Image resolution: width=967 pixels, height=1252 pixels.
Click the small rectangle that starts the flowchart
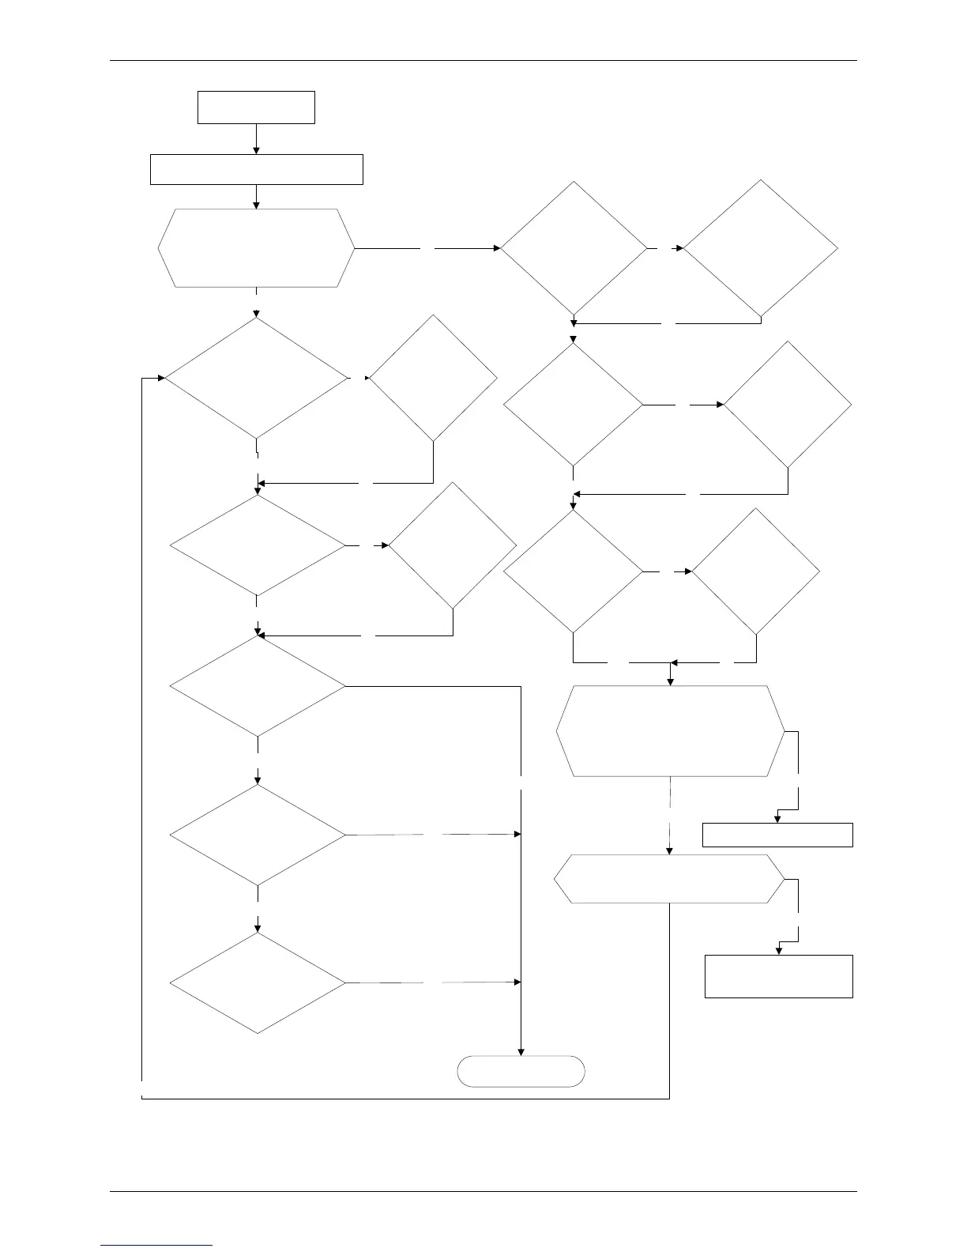pos(256,107)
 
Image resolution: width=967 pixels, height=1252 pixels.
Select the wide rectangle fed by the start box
pos(256,169)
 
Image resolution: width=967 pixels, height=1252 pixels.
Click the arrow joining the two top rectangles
pos(256,139)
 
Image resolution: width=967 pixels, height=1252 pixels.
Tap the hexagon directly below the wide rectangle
pos(256,248)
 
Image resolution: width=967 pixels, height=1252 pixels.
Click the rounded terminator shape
pos(521,1071)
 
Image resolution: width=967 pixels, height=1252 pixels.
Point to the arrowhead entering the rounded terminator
pos(521,1052)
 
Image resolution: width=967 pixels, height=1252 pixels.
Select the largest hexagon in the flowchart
pos(671,731)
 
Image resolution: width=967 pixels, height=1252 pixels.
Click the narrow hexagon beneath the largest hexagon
pos(670,878)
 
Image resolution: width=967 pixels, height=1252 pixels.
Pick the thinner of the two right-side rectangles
pos(777,835)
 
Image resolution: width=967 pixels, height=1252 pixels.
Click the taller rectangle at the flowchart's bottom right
pos(778,976)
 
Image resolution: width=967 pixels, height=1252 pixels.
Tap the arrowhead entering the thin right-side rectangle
pos(777,820)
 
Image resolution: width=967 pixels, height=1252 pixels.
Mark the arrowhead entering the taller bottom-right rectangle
pos(778,951)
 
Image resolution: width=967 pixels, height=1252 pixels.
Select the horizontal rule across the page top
pos(483,60)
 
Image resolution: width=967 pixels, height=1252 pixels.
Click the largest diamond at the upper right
pos(760,248)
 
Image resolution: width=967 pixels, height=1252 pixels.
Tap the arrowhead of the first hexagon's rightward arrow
pos(498,248)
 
